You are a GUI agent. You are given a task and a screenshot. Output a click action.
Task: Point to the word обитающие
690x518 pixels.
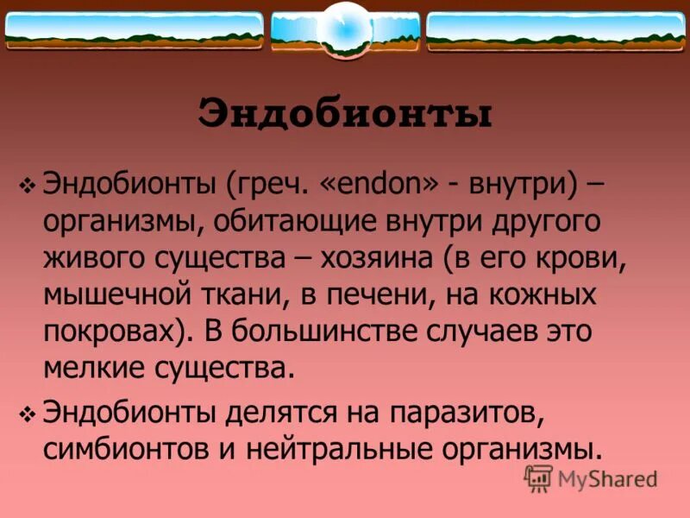pyautogui.click(x=290, y=222)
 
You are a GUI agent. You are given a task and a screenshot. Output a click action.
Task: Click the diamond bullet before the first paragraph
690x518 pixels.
pyautogui.click(x=26, y=186)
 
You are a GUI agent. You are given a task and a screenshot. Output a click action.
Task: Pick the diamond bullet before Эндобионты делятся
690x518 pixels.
pyautogui.click(x=26, y=414)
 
